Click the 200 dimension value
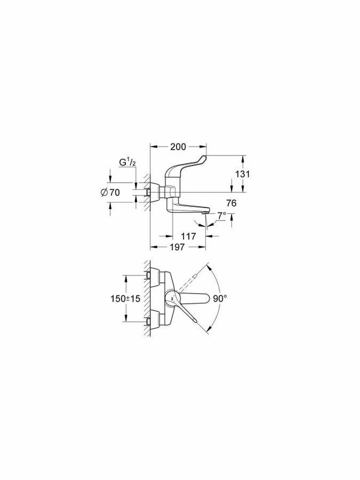pos(178,147)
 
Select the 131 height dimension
pos(242,174)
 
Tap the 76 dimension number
pos(232,203)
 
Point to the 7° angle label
pos(222,216)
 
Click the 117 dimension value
pos(188,236)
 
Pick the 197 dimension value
pos(178,247)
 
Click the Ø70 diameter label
pos(111,193)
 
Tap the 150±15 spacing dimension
pos(126,298)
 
